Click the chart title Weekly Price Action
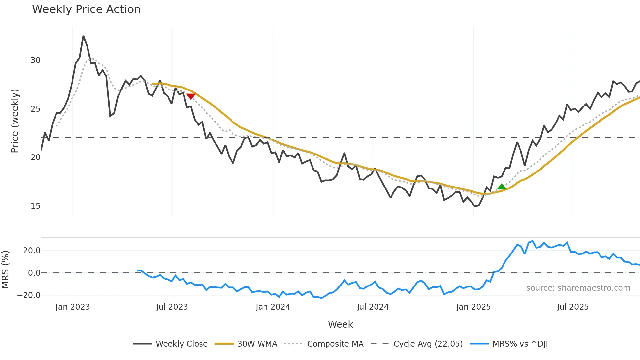coord(86,9)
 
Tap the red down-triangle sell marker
coord(191,96)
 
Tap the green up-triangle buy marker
coord(502,187)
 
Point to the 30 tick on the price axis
coord(35,60)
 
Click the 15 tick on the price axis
coord(35,206)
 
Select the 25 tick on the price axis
coord(35,109)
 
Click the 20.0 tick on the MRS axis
coord(32,251)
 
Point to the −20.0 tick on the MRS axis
coord(29,295)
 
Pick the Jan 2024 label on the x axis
coord(273,307)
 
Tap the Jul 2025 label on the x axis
coord(573,307)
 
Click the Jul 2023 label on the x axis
coord(172,307)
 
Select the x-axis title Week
coord(340,324)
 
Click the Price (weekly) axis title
coord(15,121)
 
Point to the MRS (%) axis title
coord(5,270)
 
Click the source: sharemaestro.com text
coord(578,288)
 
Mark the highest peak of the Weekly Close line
coord(83,36)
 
